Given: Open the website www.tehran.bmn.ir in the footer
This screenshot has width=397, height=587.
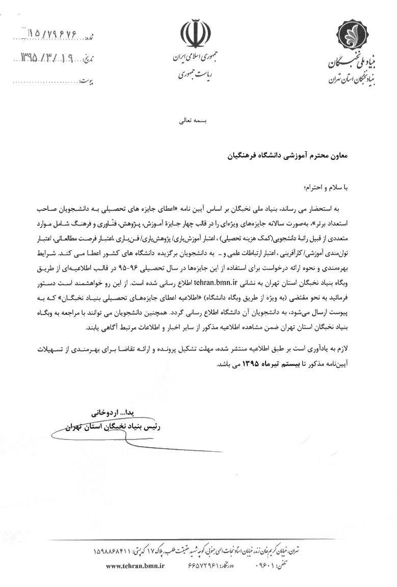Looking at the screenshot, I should pyautogui.click(x=136, y=566).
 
